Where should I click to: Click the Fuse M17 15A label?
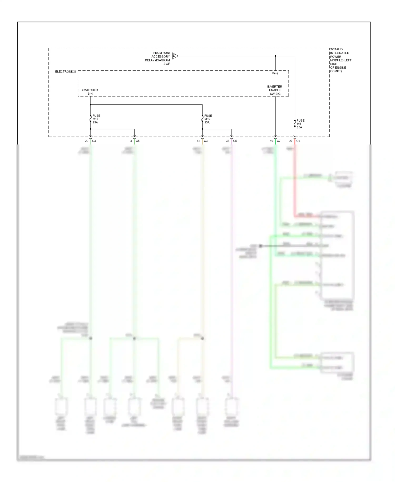pos(96,119)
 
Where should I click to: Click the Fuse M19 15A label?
pos(208,119)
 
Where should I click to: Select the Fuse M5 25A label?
pos(300,124)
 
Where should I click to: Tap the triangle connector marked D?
pos(175,56)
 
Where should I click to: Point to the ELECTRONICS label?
pos(65,72)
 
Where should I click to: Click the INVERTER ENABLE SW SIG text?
pos(275,90)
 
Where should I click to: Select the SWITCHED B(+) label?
pos(90,92)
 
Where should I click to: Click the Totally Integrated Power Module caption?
pos(340,60)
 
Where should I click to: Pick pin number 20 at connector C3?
pos(87,141)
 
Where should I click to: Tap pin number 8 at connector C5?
pos(131,141)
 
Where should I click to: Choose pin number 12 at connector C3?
pos(198,141)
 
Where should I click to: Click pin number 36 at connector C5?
pos(228,141)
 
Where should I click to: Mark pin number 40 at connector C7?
pos(271,141)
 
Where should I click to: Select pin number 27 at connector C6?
pos(291,141)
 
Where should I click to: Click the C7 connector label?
pos(279,141)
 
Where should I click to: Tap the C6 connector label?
pos(298,141)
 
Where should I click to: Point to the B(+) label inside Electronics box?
pos(275,73)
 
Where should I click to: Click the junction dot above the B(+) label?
pos(275,56)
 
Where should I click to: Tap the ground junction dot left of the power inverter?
pos(260,246)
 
